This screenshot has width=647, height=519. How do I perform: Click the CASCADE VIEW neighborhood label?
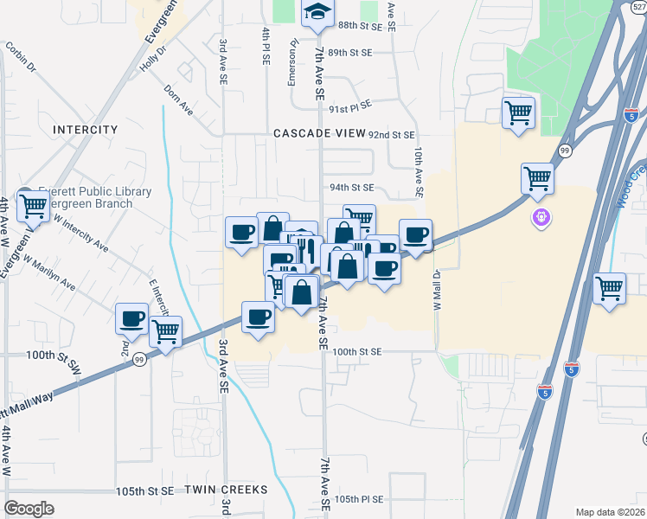click(x=317, y=134)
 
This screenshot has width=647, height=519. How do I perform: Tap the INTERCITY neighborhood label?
click(x=85, y=129)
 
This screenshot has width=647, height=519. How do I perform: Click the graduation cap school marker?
click(x=317, y=12)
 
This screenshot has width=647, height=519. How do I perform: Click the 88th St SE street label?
click(x=361, y=27)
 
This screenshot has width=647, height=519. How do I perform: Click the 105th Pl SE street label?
click(x=359, y=499)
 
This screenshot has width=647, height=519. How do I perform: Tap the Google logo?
click(x=29, y=509)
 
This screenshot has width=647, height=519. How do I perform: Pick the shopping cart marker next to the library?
click(x=34, y=206)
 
